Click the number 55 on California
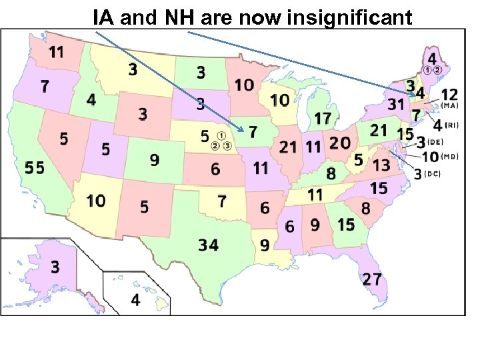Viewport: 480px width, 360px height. pyautogui.click(x=35, y=168)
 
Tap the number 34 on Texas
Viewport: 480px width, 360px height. pyautogui.click(x=208, y=245)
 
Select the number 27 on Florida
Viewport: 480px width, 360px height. pyautogui.click(x=371, y=279)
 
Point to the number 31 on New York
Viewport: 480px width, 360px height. pyautogui.click(x=396, y=104)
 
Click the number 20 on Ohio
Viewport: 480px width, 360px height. pyautogui.click(x=339, y=143)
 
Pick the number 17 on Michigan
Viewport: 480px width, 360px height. pyautogui.click(x=323, y=119)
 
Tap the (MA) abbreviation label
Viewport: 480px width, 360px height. pyautogui.click(x=449, y=105)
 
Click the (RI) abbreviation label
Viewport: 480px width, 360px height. pyautogui.click(x=451, y=125)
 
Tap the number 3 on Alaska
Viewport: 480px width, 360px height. pyautogui.click(x=55, y=267)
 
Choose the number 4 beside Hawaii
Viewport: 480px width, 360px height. pyautogui.click(x=135, y=301)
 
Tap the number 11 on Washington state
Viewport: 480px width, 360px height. pyautogui.click(x=57, y=51)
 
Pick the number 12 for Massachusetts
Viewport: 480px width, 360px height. pyautogui.click(x=449, y=94)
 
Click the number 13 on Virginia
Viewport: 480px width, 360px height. pyautogui.click(x=381, y=164)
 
